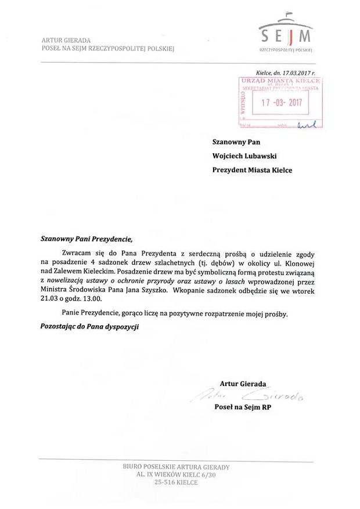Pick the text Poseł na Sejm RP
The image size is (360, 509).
tap(243, 407)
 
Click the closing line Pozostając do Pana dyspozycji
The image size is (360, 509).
tap(89, 327)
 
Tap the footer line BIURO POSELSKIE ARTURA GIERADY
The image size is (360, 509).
tap(176, 467)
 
